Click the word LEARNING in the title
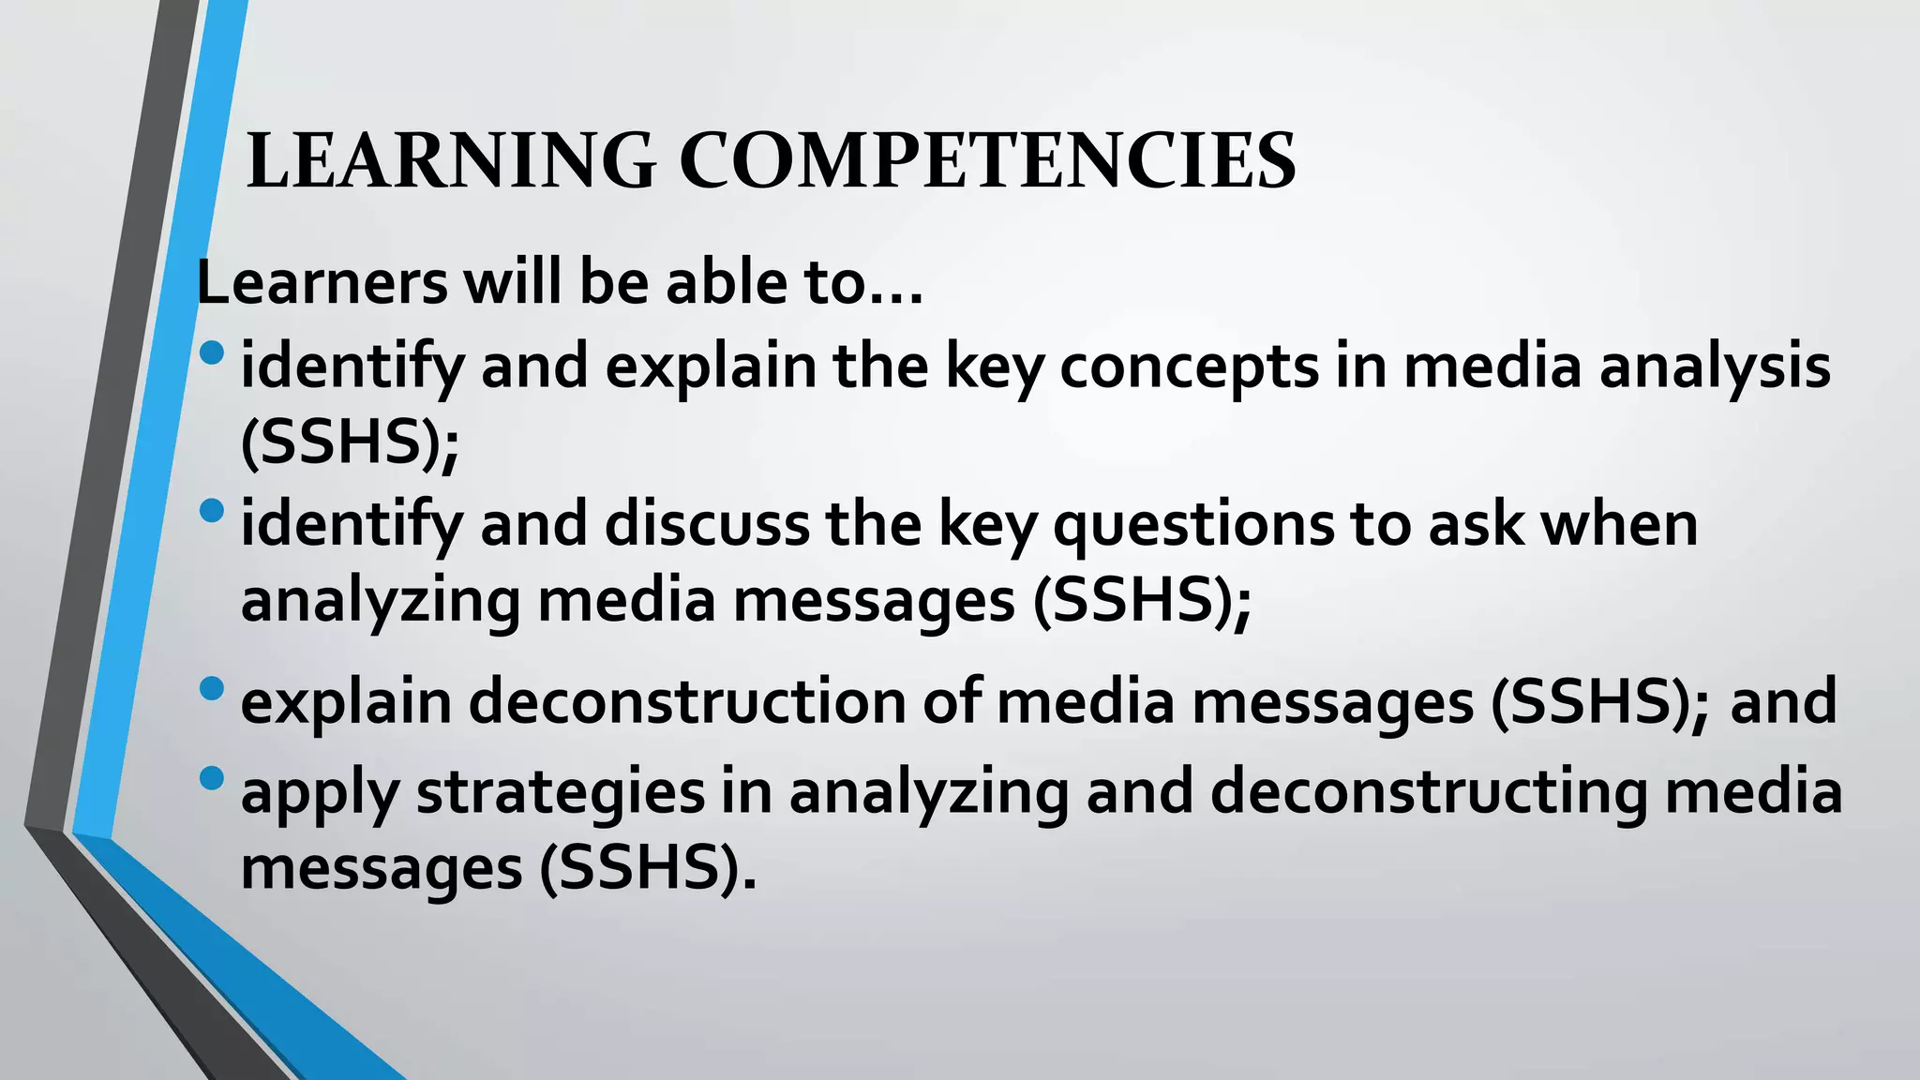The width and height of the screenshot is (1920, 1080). pos(451,161)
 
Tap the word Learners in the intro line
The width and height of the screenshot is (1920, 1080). pos(322,282)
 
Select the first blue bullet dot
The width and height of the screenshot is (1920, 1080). pos(213,353)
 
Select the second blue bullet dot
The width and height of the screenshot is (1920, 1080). pos(213,511)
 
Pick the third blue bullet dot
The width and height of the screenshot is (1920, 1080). pos(213,689)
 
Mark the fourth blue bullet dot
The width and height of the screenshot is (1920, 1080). pos(213,778)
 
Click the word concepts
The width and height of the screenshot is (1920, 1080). pos(1190,367)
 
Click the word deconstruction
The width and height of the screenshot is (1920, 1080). pos(687,702)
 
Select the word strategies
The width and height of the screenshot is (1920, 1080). pos(560,792)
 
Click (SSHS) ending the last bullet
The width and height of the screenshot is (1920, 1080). pos(647,869)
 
